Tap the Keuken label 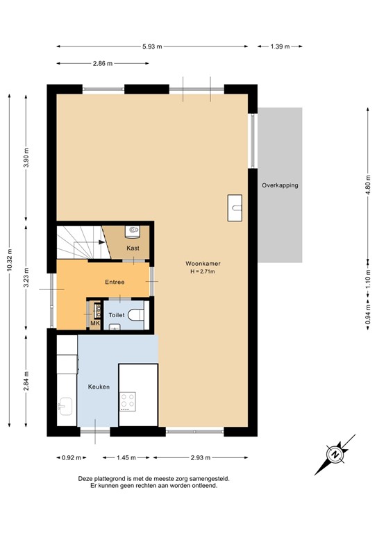click(99, 387)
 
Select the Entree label click(115, 282)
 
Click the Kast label click(133, 248)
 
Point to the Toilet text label click(117, 315)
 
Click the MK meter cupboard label click(95, 323)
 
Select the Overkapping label click(281, 185)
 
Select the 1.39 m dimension click(280, 46)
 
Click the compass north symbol click(335, 455)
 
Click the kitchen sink click(66, 404)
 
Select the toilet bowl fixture click(136, 315)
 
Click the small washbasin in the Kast click(133, 230)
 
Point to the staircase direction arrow click(93, 242)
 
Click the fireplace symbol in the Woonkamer click(235, 207)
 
